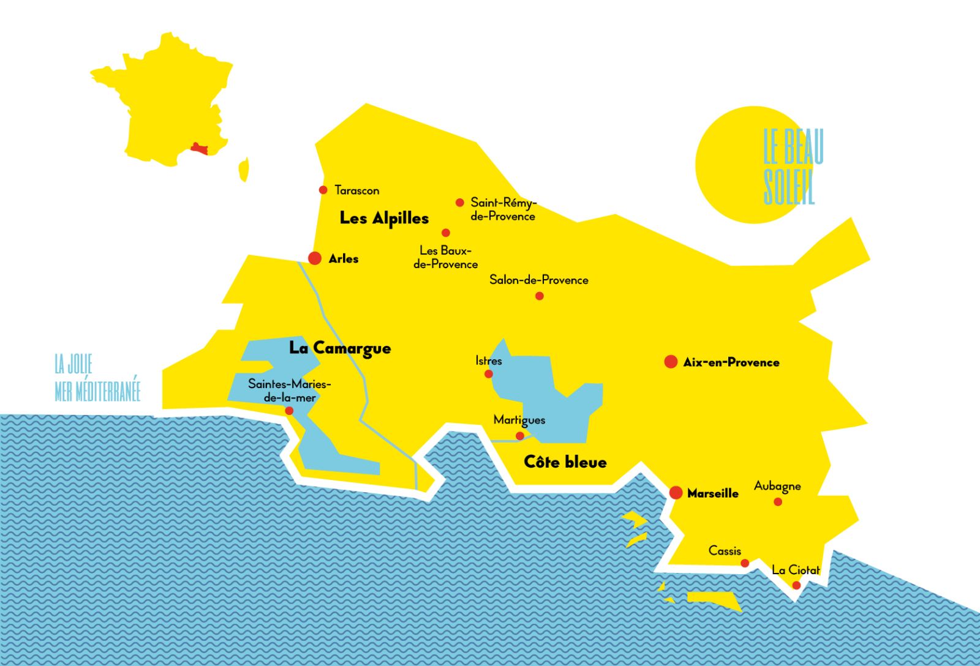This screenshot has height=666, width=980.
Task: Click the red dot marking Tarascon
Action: click(323, 190)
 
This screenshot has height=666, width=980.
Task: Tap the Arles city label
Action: click(343, 259)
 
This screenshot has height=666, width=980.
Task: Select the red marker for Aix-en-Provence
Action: click(671, 362)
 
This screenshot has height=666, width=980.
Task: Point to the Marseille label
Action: click(712, 493)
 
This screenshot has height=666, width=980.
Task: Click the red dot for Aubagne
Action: click(778, 502)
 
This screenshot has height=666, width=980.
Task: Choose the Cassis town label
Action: click(725, 551)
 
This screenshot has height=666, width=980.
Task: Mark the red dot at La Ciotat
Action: click(796, 585)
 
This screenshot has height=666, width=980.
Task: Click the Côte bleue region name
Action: click(565, 462)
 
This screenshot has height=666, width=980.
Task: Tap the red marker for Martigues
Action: click(520, 436)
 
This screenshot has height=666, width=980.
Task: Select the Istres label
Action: click(489, 361)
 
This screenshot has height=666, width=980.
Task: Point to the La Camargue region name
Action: click(340, 348)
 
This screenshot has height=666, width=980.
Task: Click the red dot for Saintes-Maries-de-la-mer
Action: click(289, 411)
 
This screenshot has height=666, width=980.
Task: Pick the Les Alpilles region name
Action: click(384, 218)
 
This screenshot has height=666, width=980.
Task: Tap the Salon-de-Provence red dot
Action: click(540, 296)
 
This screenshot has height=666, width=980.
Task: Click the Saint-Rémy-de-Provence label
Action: click(503, 209)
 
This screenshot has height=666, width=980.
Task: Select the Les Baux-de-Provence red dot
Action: click(446, 233)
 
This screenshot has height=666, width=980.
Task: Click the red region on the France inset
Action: click(199, 148)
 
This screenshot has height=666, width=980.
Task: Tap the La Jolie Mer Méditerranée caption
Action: click(97, 378)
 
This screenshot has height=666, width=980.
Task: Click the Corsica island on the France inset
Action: click(244, 170)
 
